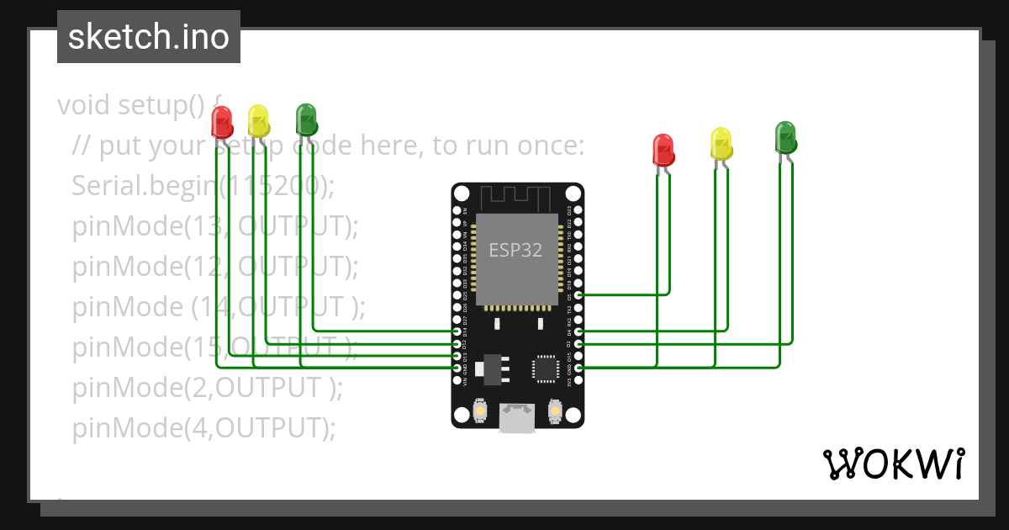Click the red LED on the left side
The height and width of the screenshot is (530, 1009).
(x=222, y=123)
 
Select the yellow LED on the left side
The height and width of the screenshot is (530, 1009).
(x=259, y=121)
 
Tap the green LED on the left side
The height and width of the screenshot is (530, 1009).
(x=306, y=119)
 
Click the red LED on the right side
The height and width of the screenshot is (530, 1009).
(x=663, y=149)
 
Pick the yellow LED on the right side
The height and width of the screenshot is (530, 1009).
(x=721, y=144)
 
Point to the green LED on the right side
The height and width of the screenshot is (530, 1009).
(x=785, y=137)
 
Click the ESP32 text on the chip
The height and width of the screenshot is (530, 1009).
(x=516, y=250)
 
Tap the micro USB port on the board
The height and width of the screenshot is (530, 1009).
(x=516, y=417)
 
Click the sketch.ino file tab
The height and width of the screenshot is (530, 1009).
(x=149, y=37)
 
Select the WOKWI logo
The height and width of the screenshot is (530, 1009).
(x=893, y=464)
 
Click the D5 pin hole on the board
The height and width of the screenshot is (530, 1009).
(x=578, y=295)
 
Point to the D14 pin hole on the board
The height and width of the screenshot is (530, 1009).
(x=457, y=332)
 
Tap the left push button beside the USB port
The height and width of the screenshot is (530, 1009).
(x=480, y=411)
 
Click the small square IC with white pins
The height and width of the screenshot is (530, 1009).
(x=544, y=368)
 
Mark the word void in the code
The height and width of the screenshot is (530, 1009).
(x=84, y=105)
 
